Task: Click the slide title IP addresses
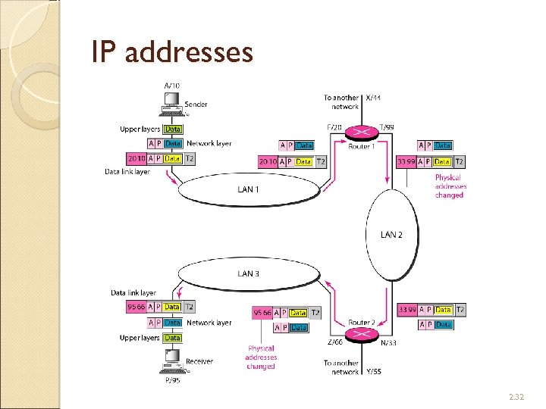click(x=171, y=52)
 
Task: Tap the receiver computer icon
click(x=172, y=361)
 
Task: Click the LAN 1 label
click(x=248, y=189)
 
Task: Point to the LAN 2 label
click(x=391, y=235)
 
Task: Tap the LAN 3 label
click(x=248, y=273)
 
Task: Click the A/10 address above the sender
click(x=173, y=86)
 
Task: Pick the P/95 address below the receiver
click(x=174, y=381)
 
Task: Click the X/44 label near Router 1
click(x=375, y=98)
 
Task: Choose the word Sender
click(x=196, y=105)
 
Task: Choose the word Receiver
click(x=199, y=361)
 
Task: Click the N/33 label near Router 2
click(x=388, y=343)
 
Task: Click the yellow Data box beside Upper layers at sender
click(x=173, y=129)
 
